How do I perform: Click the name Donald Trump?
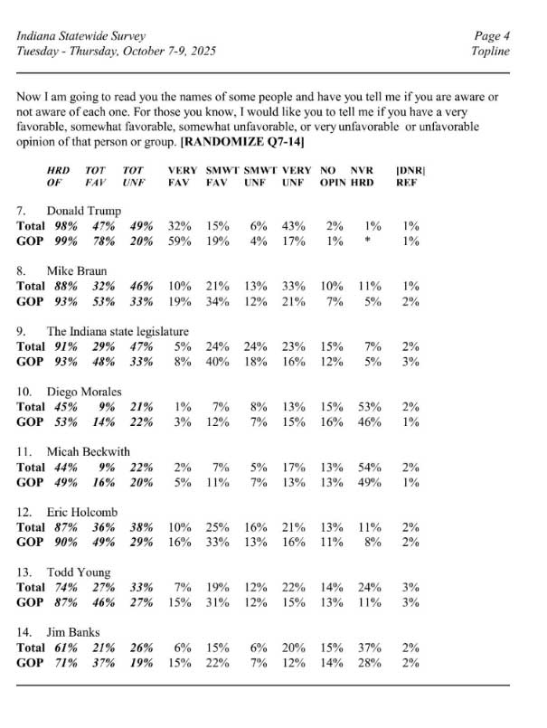[84, 211]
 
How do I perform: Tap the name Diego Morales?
[84, 392]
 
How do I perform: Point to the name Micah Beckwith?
[88, 451]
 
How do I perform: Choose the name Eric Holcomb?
[82, 511]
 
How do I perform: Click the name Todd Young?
[79, 572]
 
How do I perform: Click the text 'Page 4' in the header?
[492, 35]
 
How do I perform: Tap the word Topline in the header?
[490, 51]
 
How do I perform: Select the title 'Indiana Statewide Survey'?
[81, 35]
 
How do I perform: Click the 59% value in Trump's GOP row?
[181, 240]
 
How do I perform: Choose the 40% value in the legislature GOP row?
[216, 360]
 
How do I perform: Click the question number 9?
[22, 331]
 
